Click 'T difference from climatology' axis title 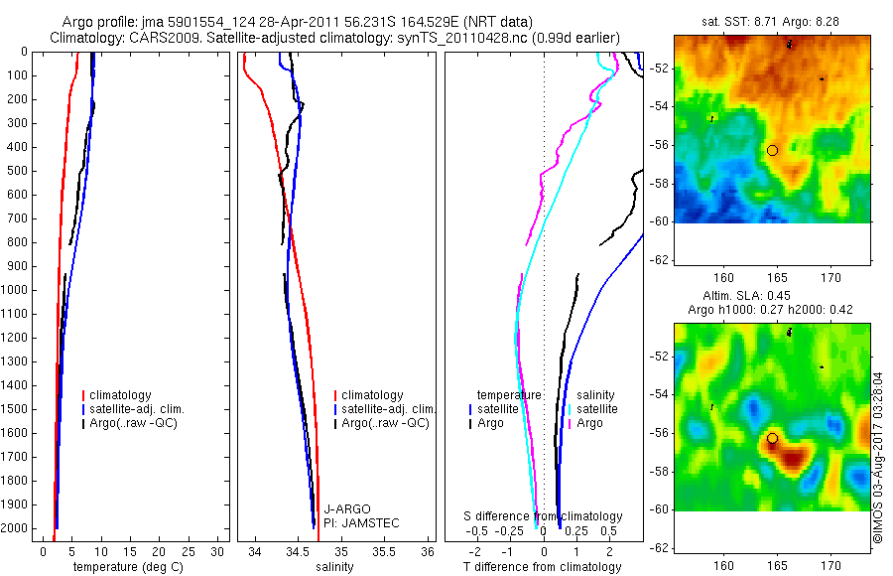[542, 567]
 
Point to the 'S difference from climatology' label [544, 516]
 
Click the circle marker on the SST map [772, 150]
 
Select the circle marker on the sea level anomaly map [772, 438]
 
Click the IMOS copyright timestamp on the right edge [878, 457]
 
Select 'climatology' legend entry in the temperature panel [124, 395]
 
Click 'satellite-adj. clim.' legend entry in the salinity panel [387, 409]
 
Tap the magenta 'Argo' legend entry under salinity [589, 423]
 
